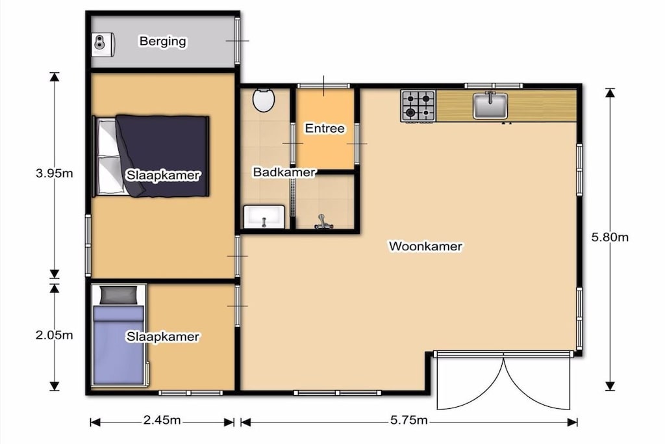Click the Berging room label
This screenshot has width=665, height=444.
pyautogui.click(x=163, y=41)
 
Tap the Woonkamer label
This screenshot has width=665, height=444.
pyautogui.click(x=425, y=246)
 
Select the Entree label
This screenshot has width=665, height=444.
pyautogui.click(x=325, y=128)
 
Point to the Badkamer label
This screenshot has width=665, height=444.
pyautogui.click(x=284, y=172)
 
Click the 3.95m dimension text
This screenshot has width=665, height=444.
pyautogui.click(x=55, y=173)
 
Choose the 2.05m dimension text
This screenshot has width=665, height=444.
pyautogui.click(x=55, y=335)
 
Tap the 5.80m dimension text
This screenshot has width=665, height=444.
pyautogui.click(x=610, y=237)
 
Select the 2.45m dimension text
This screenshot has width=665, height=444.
pyautogui.click(x=162, y=420)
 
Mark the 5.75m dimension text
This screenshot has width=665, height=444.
pyautogui.click(x=409, y=420)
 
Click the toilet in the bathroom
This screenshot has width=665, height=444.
pyautogui.click(x=264, y=100)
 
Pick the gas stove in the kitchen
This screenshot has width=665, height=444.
pyautogui.click(x=418, y=106)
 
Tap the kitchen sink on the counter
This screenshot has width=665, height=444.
pyautogui.click(x=490, y=105)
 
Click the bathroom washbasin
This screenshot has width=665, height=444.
pyautogui.click(x=264, y=217)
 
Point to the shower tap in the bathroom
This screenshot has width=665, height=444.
pyautogui.click(x=323, y=222)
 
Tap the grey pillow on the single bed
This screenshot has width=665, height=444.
pyautogui.click(x=119, y=295)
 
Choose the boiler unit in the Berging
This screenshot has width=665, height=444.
pyautogui.click(x=103, y=44)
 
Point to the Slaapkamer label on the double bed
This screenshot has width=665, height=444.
pyautogui.click(x=163, y=176)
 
